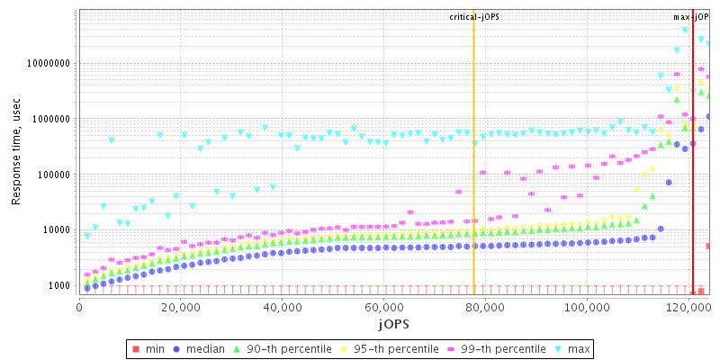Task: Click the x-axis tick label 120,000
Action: [688, 307]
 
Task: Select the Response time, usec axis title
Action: [16, 153]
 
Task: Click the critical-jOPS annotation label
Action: [474, 17]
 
